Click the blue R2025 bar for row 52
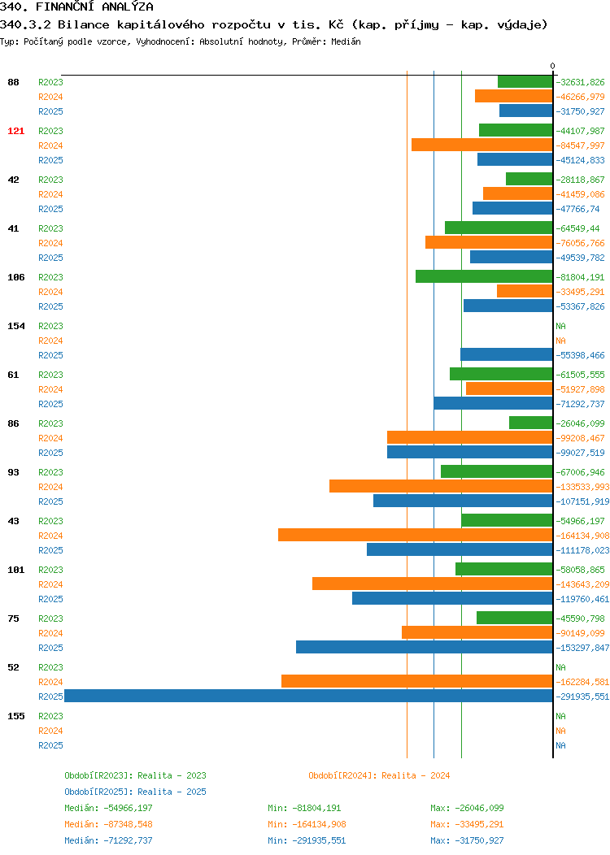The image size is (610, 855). pyautogui.click(x=308, y=696)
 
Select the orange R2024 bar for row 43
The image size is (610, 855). pyautogui.click(x=416, y=535)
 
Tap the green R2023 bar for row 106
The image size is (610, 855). pyautogui.click(x=484, y=276)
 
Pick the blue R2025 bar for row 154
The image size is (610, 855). pyautogui.click(x=507, y=354)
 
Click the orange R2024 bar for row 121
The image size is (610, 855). pyautogui.click(x=481, y=145)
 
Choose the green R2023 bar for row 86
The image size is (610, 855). pyautogui.click(x=531, y=423)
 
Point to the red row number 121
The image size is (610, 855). pyautogui.click(x=15, y=131)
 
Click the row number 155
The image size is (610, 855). pyautogui.click(x=15, y=716)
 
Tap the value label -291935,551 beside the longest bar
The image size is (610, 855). pyautogui.click(x=582, y=697)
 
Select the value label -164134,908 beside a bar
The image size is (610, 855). pyautogui.click(x=582, y=536)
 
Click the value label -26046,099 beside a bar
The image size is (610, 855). pyautogui.click(x=580, y=423)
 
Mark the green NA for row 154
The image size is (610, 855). pyautogui.click(x=561, y=326)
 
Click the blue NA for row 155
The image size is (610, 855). pyautogui.click(x=561, y=745)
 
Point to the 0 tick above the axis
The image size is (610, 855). pyautogui.click(x=553, y=66)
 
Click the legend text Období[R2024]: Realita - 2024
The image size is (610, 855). pyautogui.click(x=379, y=775)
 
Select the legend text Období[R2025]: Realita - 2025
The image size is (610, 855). pyautogui.click(x=135, y=792)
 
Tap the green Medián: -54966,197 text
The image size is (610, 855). pyautogui.click(x=108, y=808)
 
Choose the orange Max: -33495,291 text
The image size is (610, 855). pyautogui.click(x=467, y=824)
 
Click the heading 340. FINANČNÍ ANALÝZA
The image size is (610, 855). pyautogui.click(x=76, y=7)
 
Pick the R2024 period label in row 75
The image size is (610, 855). pyautogui.click(x=50, y=633)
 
